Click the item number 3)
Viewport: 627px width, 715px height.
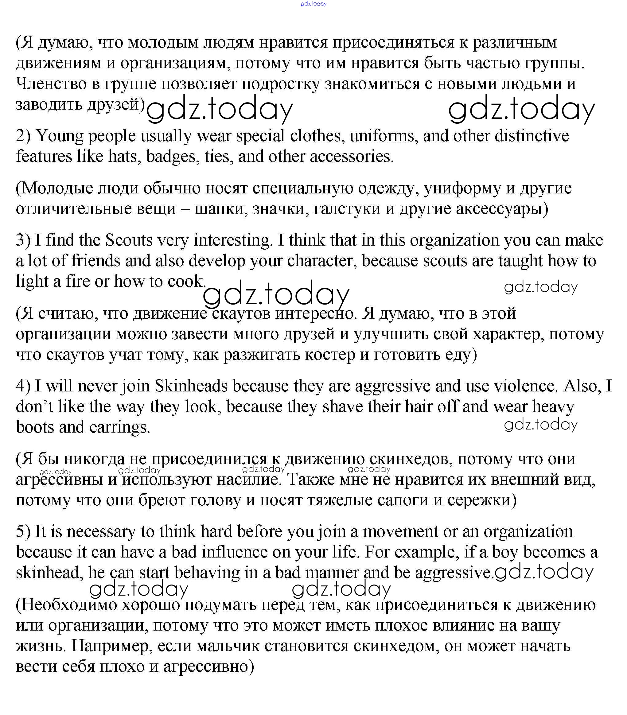click(x=23, y=240)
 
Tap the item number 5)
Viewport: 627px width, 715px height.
click(x=23, y=532)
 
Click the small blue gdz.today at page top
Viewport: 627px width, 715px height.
click(x=313, y=4)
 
